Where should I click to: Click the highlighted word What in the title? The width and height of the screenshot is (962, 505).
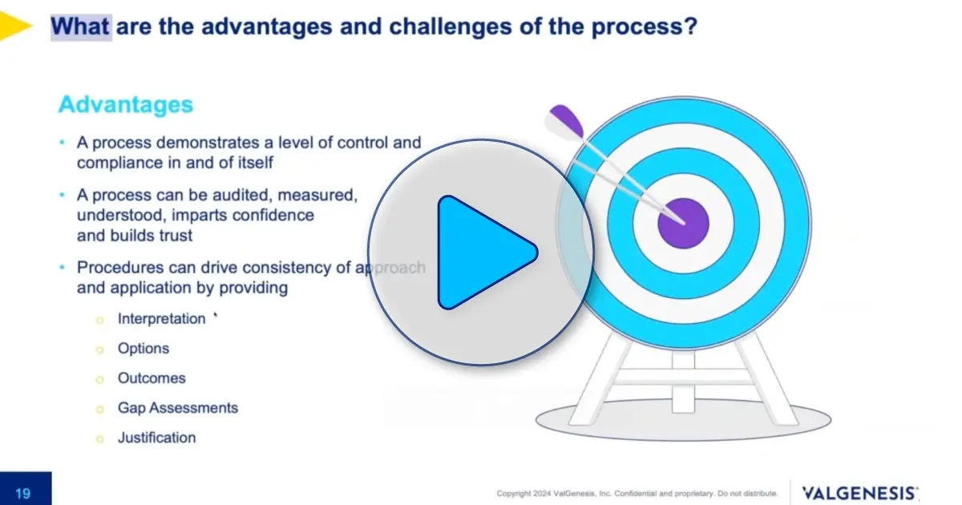(x=81, y=26)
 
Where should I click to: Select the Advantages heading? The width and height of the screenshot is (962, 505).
(x=126, y=105)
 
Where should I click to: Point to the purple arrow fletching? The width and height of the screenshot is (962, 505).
(x=566, y=121)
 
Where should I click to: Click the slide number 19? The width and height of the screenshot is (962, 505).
(x=25, y=493)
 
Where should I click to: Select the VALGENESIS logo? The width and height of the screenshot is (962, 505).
(x=860, y=492)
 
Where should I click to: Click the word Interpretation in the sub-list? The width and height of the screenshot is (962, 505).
(x=161, y=318)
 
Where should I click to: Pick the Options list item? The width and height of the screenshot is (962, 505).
(x=143, y=348)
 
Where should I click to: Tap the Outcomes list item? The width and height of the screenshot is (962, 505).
(x=152, y=378)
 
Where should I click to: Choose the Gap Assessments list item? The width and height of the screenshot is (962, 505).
(x=178, y=407)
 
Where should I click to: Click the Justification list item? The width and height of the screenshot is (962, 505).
(x=156, y=437)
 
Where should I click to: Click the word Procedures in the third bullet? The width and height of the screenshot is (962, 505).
(x=117, y=267)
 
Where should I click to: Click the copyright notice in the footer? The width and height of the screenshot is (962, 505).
(x=637, y=493)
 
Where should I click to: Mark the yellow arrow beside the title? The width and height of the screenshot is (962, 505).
(x=14, y=26)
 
